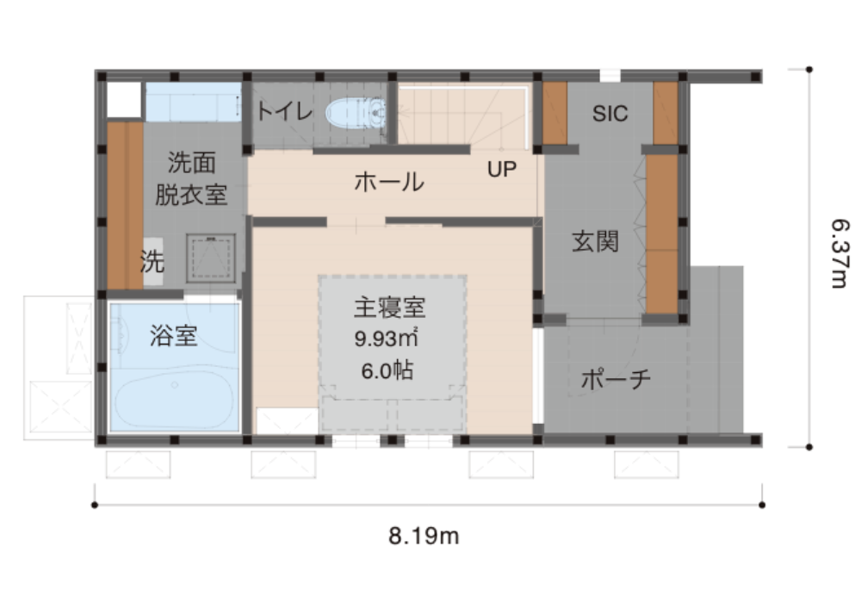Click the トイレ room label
pyautogui.click(x=284, y=111)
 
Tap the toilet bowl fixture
pyautogui.click(x=356, y=113)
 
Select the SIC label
pyautogui.click(x=610, y=114)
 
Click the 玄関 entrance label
pyautogui.click(x=595, y=242)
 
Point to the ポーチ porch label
pyautogui.click(x=616, y=379)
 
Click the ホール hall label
pyautogui.click(x=389, y=182)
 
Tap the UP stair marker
pyautogui.click(x=502, y=170)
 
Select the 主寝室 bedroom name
pyautogui.click(x=389, y=308)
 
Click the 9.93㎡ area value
pyautogui.click(x=387, y=339)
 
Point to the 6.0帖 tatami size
pyautogui.click(x=387, y=370)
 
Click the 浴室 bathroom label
pyautogui.click(x=174, y=336)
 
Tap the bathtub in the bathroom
pyautogui.click(x=175, y=397)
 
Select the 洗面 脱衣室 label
pyautogui.click(x=191, y=178)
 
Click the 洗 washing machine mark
pyautogui.click(x=152, y=261)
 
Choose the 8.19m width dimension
pyautogui.click(x=424, y=536)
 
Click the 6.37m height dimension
pyautogui.click(x=839, y=253)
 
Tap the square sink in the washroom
pyautogui.click(x=210, y=258)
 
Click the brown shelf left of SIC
pyautogui.click(x=554, y=113)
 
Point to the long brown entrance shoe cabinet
pyautogui.click(x=661, y=234)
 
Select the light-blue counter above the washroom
pyautogui.click(x=193, y=103)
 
